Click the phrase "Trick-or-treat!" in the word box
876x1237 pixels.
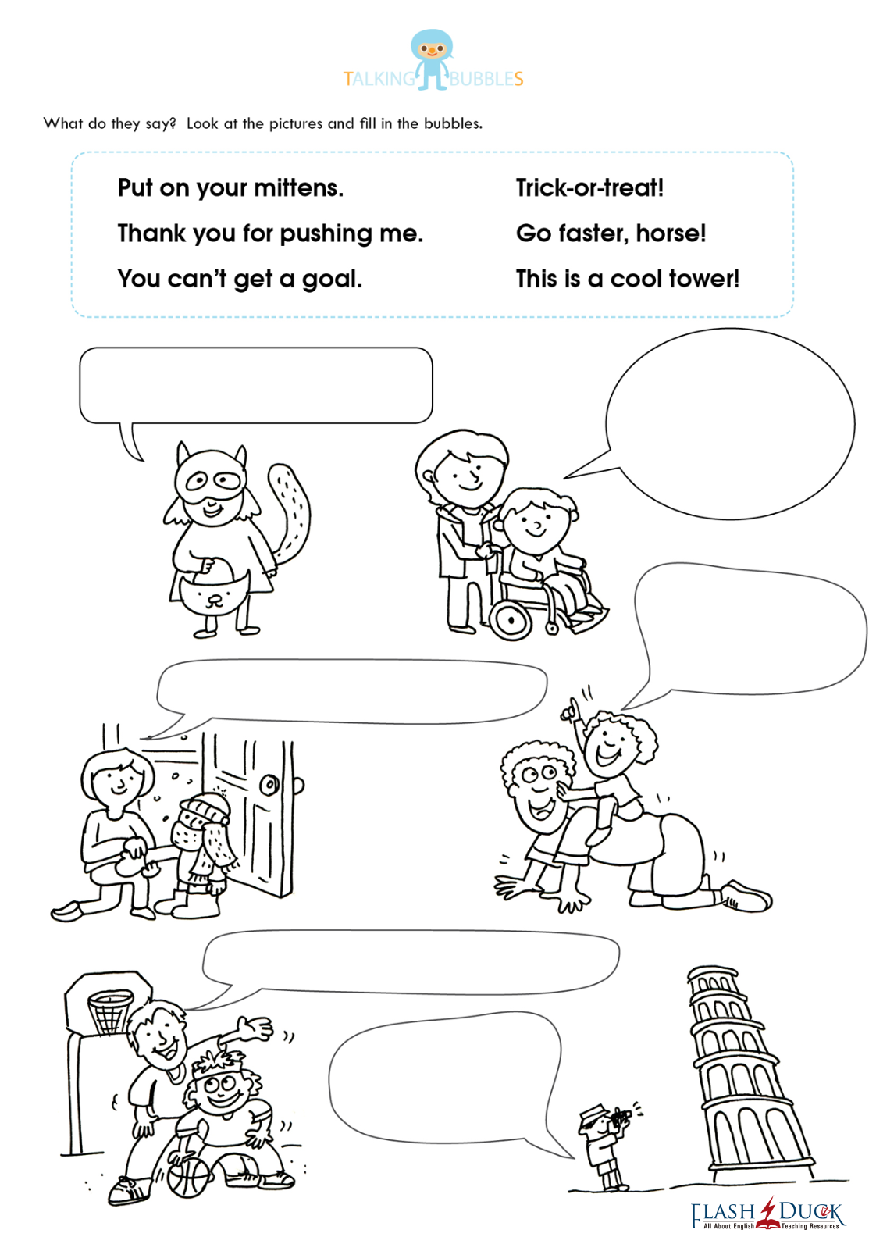coord(589,187)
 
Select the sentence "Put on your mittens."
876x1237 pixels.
coord(231,188)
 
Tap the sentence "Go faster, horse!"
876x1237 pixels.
coord(611,233)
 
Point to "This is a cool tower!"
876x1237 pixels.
coord(628,278)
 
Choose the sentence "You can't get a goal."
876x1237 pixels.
coord(240,279)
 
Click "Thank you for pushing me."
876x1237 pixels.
coord(270,233)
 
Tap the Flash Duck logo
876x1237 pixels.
coord(767,1214)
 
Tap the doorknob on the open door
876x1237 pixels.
coord(270,785)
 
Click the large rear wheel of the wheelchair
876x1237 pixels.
coord(511,619)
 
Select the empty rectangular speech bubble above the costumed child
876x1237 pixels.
coord(256,386)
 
